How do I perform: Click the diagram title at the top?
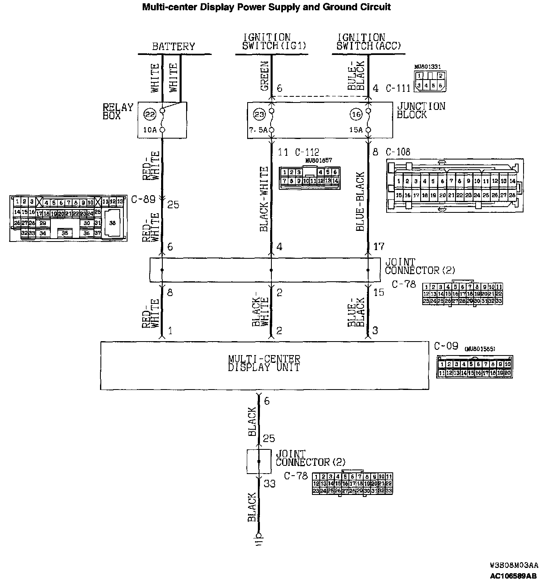[266, 7]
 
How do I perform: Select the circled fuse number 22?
[150, 115]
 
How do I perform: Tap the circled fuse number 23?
[259, 115]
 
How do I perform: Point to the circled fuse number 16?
[356, 115]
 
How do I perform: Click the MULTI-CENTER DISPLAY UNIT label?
[264, 363]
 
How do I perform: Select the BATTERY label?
[173, 46]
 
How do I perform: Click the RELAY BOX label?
[118, 111]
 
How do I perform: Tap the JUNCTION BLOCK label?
[421, 110]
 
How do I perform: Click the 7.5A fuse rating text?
[258, 130]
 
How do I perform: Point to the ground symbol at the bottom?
[258, 538]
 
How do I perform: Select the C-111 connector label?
[398, 88]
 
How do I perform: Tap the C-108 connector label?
[398, 152]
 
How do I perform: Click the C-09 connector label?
[446, 346]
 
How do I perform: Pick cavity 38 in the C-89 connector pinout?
[112, 223]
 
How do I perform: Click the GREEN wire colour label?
[264, 76]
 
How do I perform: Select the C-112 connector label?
[307, 153]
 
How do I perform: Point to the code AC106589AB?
[513, 576]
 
